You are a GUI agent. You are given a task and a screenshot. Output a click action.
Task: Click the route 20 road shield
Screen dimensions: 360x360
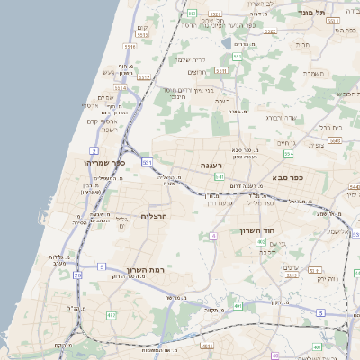[x=78, y=273]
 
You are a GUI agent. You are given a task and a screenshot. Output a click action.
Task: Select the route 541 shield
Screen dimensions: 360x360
[x=218, y=177]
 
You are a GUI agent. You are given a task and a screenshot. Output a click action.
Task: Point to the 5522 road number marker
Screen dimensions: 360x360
[x=215, y=15]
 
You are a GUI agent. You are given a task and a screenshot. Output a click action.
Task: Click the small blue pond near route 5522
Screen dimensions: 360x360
[x=226, y=41]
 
